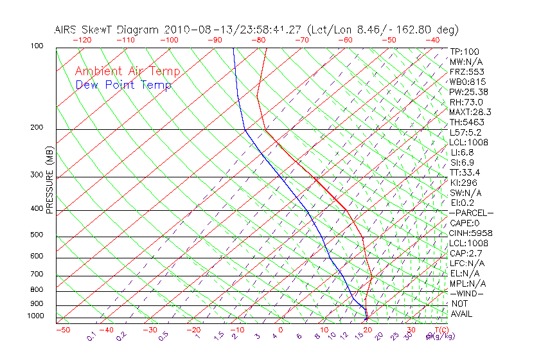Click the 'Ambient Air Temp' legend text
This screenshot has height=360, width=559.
point(127,71)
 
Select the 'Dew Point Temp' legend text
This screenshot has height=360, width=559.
point(123,85)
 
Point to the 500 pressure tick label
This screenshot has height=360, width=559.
point(36,235)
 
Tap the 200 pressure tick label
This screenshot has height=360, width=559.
point(36,128)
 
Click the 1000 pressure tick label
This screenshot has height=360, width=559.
point(35,316)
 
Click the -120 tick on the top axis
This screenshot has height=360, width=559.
point(82,40)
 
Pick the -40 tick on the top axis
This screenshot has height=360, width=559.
point(432,40)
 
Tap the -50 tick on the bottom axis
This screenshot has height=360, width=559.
point(62,330)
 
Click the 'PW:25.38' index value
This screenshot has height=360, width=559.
point(468,92)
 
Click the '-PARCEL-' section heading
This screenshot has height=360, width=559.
point(471,213)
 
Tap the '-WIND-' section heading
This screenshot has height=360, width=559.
point(467,294)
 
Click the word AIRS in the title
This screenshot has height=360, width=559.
point(66,30)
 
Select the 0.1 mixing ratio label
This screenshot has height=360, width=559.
point(91,336)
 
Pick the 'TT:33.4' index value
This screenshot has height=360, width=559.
point(465,172)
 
